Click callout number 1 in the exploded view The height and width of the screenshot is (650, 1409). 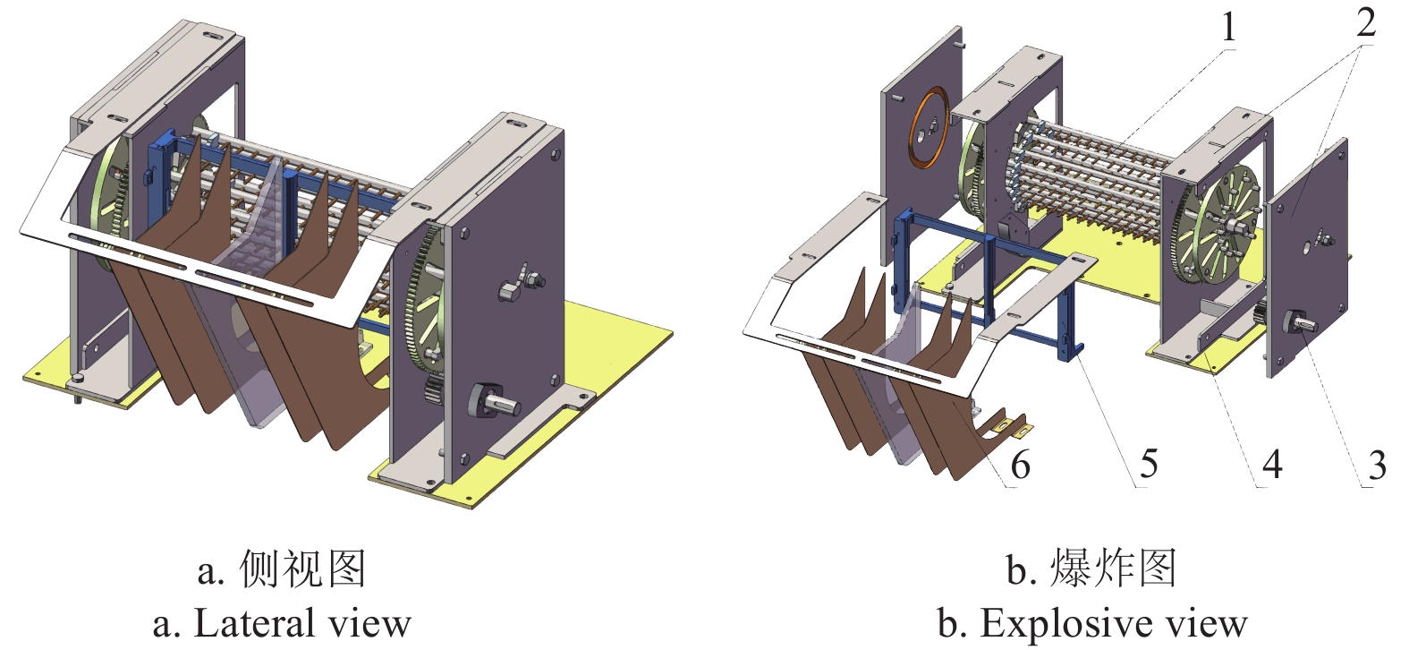click(x=1229, y=28)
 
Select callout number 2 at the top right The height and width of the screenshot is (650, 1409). click(x=1365, y=22)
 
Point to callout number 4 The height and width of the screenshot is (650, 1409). click(x=1272, y=464)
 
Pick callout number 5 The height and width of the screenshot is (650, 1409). click(x=1149, y=464)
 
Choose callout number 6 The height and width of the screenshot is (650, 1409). click(x=1020, y=465)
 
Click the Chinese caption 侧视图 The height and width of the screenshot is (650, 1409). click(x=303, y=569)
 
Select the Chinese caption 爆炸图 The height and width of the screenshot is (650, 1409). click(x=1114, y=569)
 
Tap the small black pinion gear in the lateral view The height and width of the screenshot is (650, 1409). click(x=432, y=391)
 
